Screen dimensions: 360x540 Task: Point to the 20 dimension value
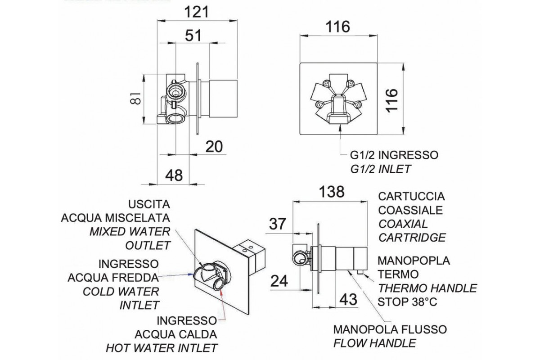[214, 146]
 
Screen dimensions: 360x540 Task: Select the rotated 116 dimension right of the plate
[392, 100]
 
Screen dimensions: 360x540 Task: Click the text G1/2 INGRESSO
[394, 156]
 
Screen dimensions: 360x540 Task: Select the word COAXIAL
[403, 224]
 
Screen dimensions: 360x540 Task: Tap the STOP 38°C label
[407, 301]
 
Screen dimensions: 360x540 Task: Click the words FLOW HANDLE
[374, 343]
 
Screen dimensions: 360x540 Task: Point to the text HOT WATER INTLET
[162, 347]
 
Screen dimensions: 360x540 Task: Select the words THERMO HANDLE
[427, 288]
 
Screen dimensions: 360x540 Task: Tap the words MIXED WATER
[130, 232]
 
